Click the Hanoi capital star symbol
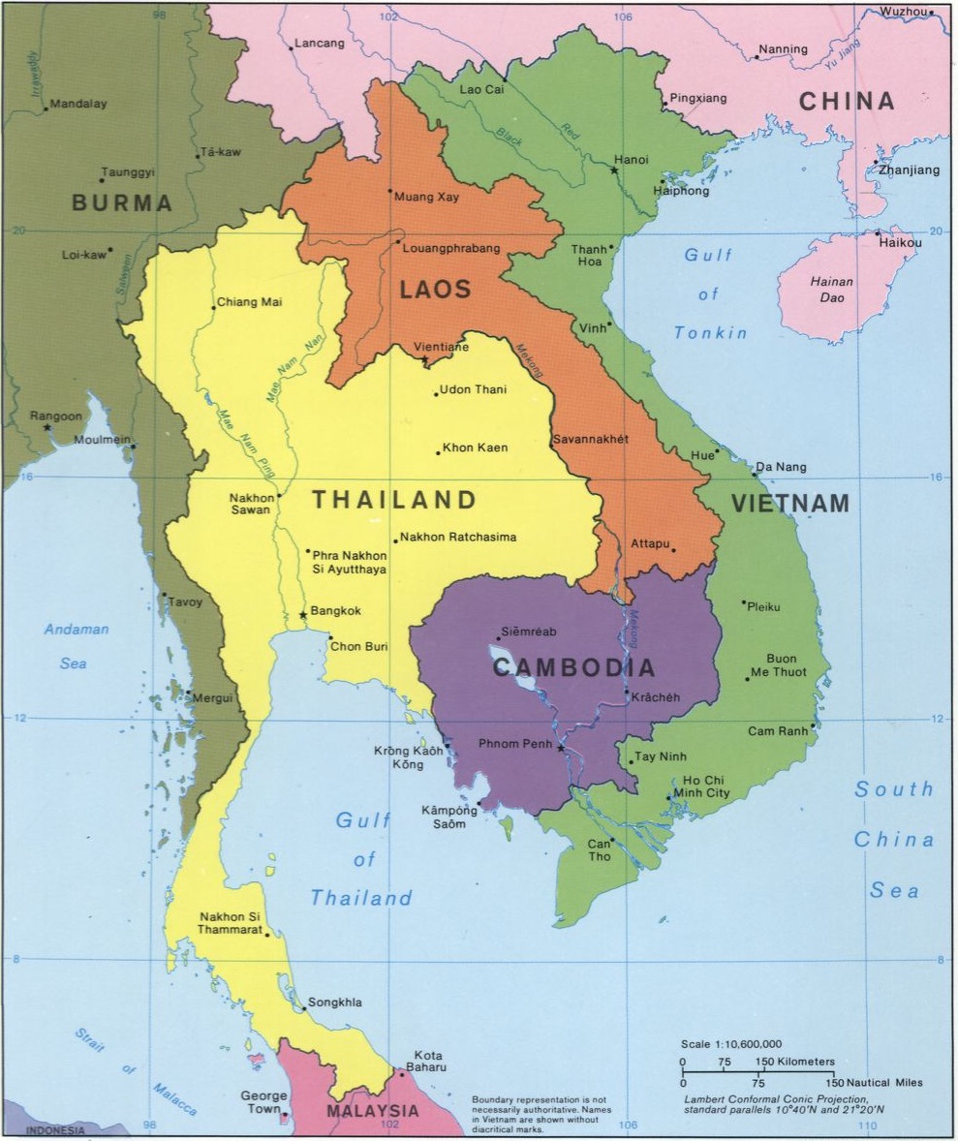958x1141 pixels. tap(614, 170)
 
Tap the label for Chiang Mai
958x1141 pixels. tap(249, 302)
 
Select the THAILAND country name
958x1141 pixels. tap(394, 500)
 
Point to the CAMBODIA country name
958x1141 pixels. tap(573, 667)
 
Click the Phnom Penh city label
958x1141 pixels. tap(515, 744)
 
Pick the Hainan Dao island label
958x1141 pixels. tap(831, 290)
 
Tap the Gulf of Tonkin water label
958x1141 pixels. tap(710, 294)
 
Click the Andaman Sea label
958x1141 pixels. tap(76, 646)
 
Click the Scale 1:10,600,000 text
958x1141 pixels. tap(731, 1044)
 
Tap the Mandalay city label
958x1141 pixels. tap(78, 104)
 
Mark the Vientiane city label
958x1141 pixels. tap(441, 346)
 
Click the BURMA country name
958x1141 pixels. tap(122, 203)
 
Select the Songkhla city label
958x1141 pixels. tap(334, 1002)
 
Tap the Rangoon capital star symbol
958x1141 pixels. tap(46, 427)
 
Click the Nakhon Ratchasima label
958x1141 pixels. tap(457, 537)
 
